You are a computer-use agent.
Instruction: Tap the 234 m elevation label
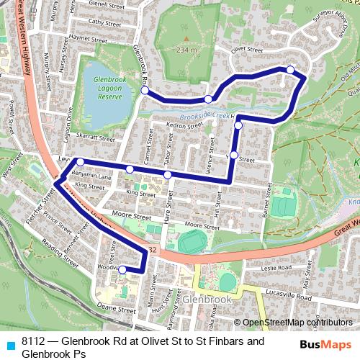(x=184, y=51)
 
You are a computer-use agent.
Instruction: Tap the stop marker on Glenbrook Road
(x=145, y=91)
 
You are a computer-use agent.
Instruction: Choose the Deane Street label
(x=117, y=307)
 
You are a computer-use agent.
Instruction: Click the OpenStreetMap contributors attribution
(x=298, y=323)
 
